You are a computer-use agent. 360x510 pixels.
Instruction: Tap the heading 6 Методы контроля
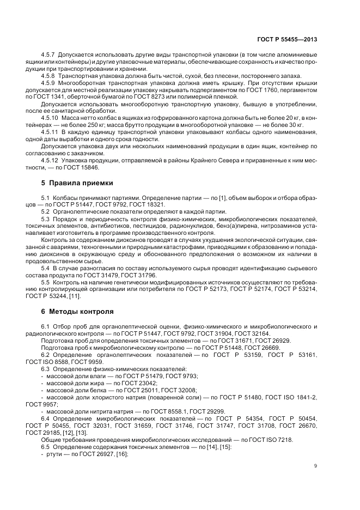pyautogui.click(x=78, y=312)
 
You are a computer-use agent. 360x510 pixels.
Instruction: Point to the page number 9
pyautogui.click(x=316, y=465)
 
